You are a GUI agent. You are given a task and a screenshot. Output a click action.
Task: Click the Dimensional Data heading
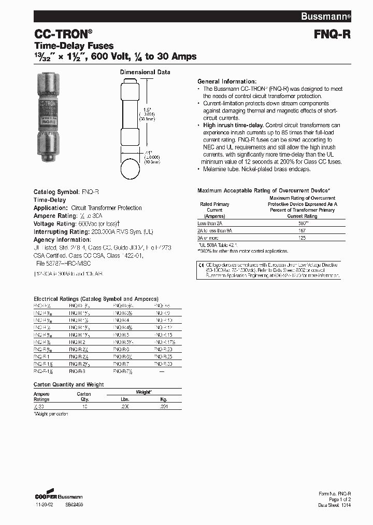coord(145,72)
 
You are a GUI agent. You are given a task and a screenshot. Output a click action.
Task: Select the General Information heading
coord(226,81)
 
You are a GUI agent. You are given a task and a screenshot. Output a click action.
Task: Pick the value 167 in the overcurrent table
coord(302,230)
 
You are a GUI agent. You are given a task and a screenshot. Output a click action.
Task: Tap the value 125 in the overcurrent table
coord(302,237)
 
